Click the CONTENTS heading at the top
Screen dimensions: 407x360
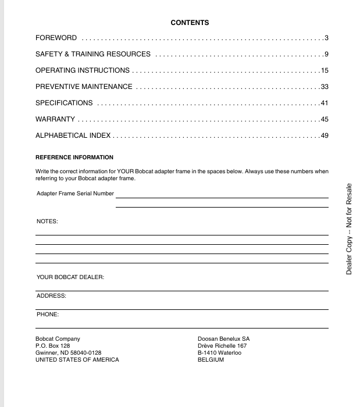pos(190,23)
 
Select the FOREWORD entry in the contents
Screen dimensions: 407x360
pos(56,38)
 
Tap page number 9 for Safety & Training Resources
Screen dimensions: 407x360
pos(327,54)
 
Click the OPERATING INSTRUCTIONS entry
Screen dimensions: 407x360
pos(83,70)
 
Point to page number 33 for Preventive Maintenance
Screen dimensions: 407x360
pos(325,87)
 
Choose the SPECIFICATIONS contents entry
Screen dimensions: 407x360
pos(64,103)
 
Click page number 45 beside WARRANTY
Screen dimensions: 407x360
pos(325,119)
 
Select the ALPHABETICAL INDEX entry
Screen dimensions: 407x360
pos(73,135)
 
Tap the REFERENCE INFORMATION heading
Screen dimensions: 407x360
pos(74,158)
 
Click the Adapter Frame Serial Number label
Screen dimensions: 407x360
pos(75,193)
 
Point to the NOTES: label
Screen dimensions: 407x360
pos(47,222)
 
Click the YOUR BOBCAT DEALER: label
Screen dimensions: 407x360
pos(70,277)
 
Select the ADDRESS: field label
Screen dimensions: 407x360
pos(51,296)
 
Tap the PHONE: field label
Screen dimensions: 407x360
pos(48,315)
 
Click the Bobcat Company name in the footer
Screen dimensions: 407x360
pos(58,338)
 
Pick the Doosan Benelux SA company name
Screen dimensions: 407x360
pos(224,338)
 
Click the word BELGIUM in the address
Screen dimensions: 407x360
pos(211,359)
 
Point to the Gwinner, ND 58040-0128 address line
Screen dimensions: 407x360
pos(68,352)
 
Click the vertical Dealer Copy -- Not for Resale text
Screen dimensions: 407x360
pos(349,229)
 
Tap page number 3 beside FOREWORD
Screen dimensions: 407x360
pos(327,38)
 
